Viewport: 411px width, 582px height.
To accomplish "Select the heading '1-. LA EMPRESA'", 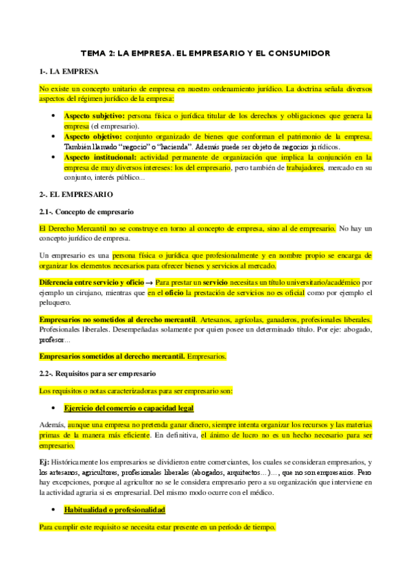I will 69,71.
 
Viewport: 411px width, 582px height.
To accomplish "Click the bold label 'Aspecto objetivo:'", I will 93,137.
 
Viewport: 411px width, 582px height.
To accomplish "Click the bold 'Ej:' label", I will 44,463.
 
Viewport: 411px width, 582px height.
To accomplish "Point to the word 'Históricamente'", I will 78,463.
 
